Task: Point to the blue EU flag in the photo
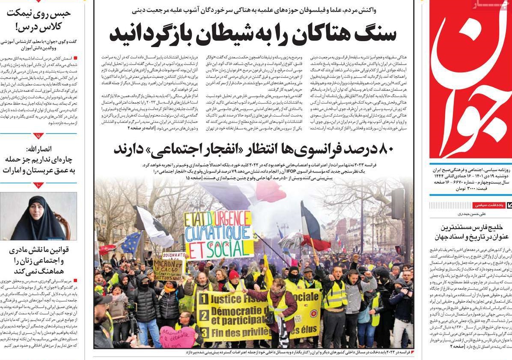[x=131, y=242]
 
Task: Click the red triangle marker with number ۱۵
[x=39, y=136]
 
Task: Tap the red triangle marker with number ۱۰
[x=39, y=185]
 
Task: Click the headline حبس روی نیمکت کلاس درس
[x=39, y=20]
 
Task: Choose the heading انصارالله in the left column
[x=39, y=149]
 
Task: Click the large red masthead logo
[x=471, y=81]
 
